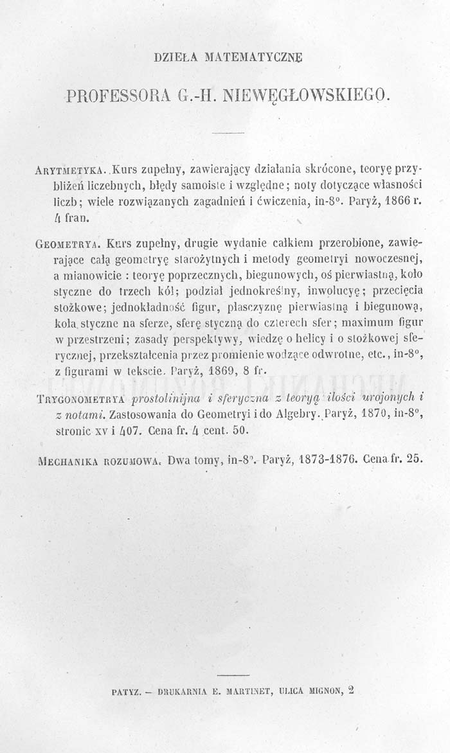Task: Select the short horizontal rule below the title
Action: (225, 133)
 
